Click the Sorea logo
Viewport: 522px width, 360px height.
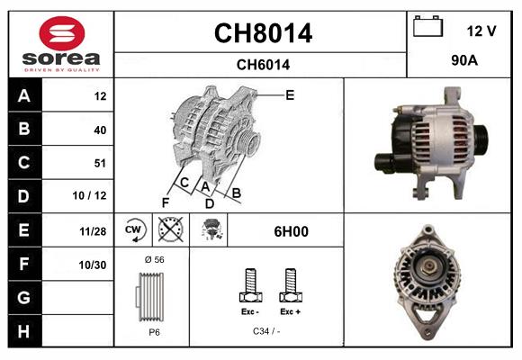[61, 44]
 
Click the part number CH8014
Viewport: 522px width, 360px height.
[262, 33]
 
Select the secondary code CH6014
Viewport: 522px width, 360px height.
[262, 64]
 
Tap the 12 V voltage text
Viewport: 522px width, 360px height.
[481, 31]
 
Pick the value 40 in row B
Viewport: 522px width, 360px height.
[99, 130]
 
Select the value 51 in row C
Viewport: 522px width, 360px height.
[99, 163]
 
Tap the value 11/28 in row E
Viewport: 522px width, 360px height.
[94, 231]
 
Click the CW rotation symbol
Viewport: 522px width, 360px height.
[135, 230]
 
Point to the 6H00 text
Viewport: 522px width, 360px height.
[291, 231]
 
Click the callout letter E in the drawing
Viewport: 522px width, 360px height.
[290, 94]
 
